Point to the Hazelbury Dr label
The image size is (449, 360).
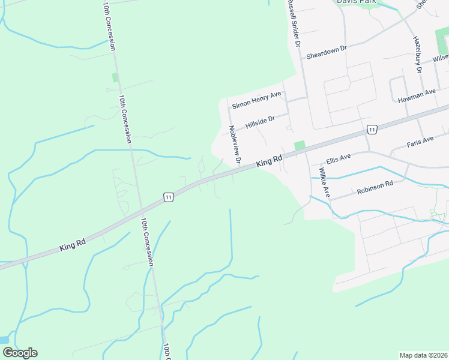point(418,54)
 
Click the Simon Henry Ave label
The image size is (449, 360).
point(257,100)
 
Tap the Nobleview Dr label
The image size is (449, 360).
point(234,144)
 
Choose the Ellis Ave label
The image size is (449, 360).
point(338,160)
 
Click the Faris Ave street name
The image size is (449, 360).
point(420,142)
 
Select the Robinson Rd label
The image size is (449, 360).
point(375,188)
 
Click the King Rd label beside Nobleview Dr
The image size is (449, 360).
point(269,161)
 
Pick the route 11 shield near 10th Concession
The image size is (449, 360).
point(168,197)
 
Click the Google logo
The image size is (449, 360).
point(20,352)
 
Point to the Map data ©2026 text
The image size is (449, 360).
point(423,355)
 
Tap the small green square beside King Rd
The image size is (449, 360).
point(300,146)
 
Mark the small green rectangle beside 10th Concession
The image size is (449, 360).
point(115,77)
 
